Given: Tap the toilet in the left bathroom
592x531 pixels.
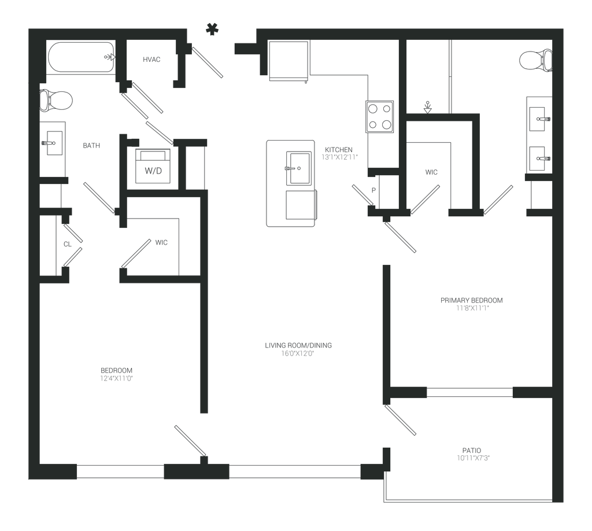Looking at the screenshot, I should [58, 101].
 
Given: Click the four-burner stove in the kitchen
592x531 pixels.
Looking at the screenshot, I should [379, 117].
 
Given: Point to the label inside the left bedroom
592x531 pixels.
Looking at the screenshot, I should [117, 374].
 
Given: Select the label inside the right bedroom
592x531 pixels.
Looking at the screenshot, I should [472, 304].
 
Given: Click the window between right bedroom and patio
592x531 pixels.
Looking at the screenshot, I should [469, 393].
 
